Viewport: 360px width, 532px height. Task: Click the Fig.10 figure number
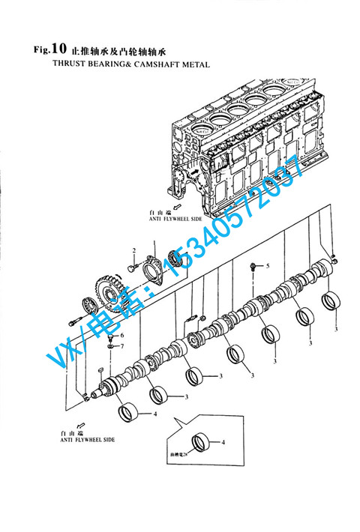[40, 51]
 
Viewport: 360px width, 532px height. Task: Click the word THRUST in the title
[68, 65]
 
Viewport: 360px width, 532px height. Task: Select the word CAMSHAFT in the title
[152, 65]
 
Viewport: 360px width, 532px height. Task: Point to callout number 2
[134, 250]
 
